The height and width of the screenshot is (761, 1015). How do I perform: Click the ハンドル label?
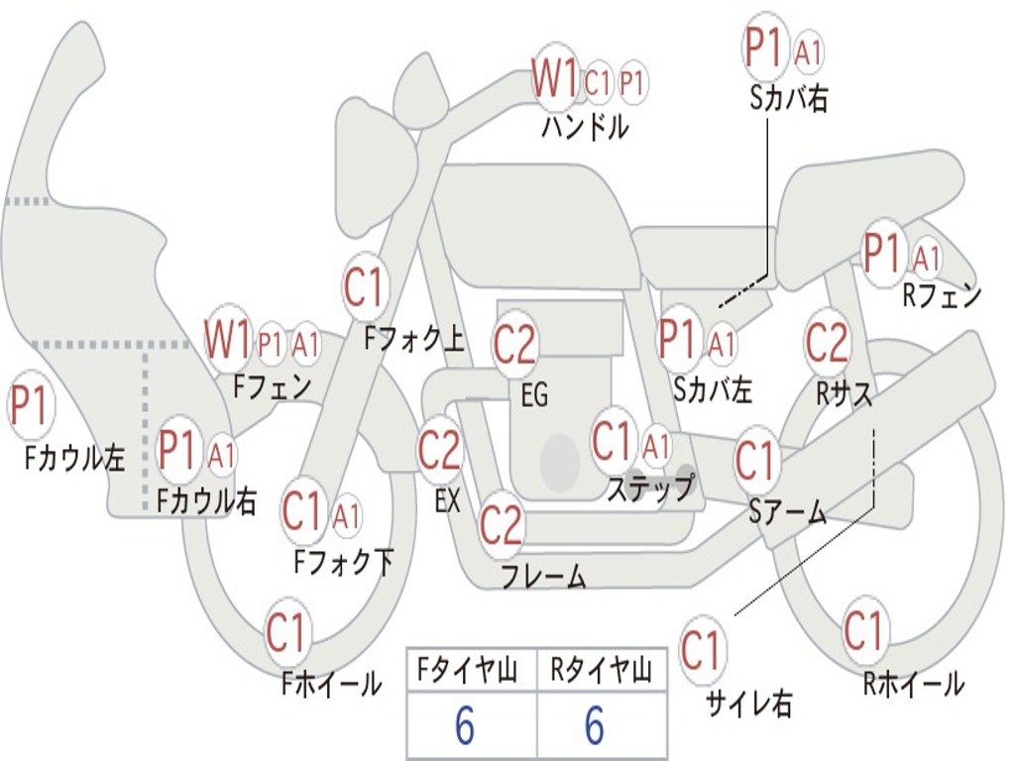point(585,126)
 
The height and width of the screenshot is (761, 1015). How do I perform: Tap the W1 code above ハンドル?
point(554,77)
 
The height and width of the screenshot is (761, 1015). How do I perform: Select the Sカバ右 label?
point(789,99)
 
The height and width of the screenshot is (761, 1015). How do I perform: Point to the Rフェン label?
point(942,295)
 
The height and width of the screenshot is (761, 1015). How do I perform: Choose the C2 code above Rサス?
point(826,342)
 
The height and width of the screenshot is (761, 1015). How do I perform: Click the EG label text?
point(534,394)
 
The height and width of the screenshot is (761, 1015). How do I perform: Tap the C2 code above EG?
point(514,345)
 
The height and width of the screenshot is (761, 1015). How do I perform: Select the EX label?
point(447,500)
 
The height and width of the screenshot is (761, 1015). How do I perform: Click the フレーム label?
point(544,576)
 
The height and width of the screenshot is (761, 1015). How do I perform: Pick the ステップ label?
point(651,488)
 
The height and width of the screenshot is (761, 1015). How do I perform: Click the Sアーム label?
point(788,512)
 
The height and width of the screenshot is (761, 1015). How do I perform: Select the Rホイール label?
point(913,684)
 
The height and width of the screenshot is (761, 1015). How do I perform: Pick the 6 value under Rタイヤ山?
point(595,725)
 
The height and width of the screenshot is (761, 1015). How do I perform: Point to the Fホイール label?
point(331,684)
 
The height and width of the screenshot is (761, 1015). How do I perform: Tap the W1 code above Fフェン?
point(227,339)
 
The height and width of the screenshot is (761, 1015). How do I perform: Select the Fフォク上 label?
point(413,339)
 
